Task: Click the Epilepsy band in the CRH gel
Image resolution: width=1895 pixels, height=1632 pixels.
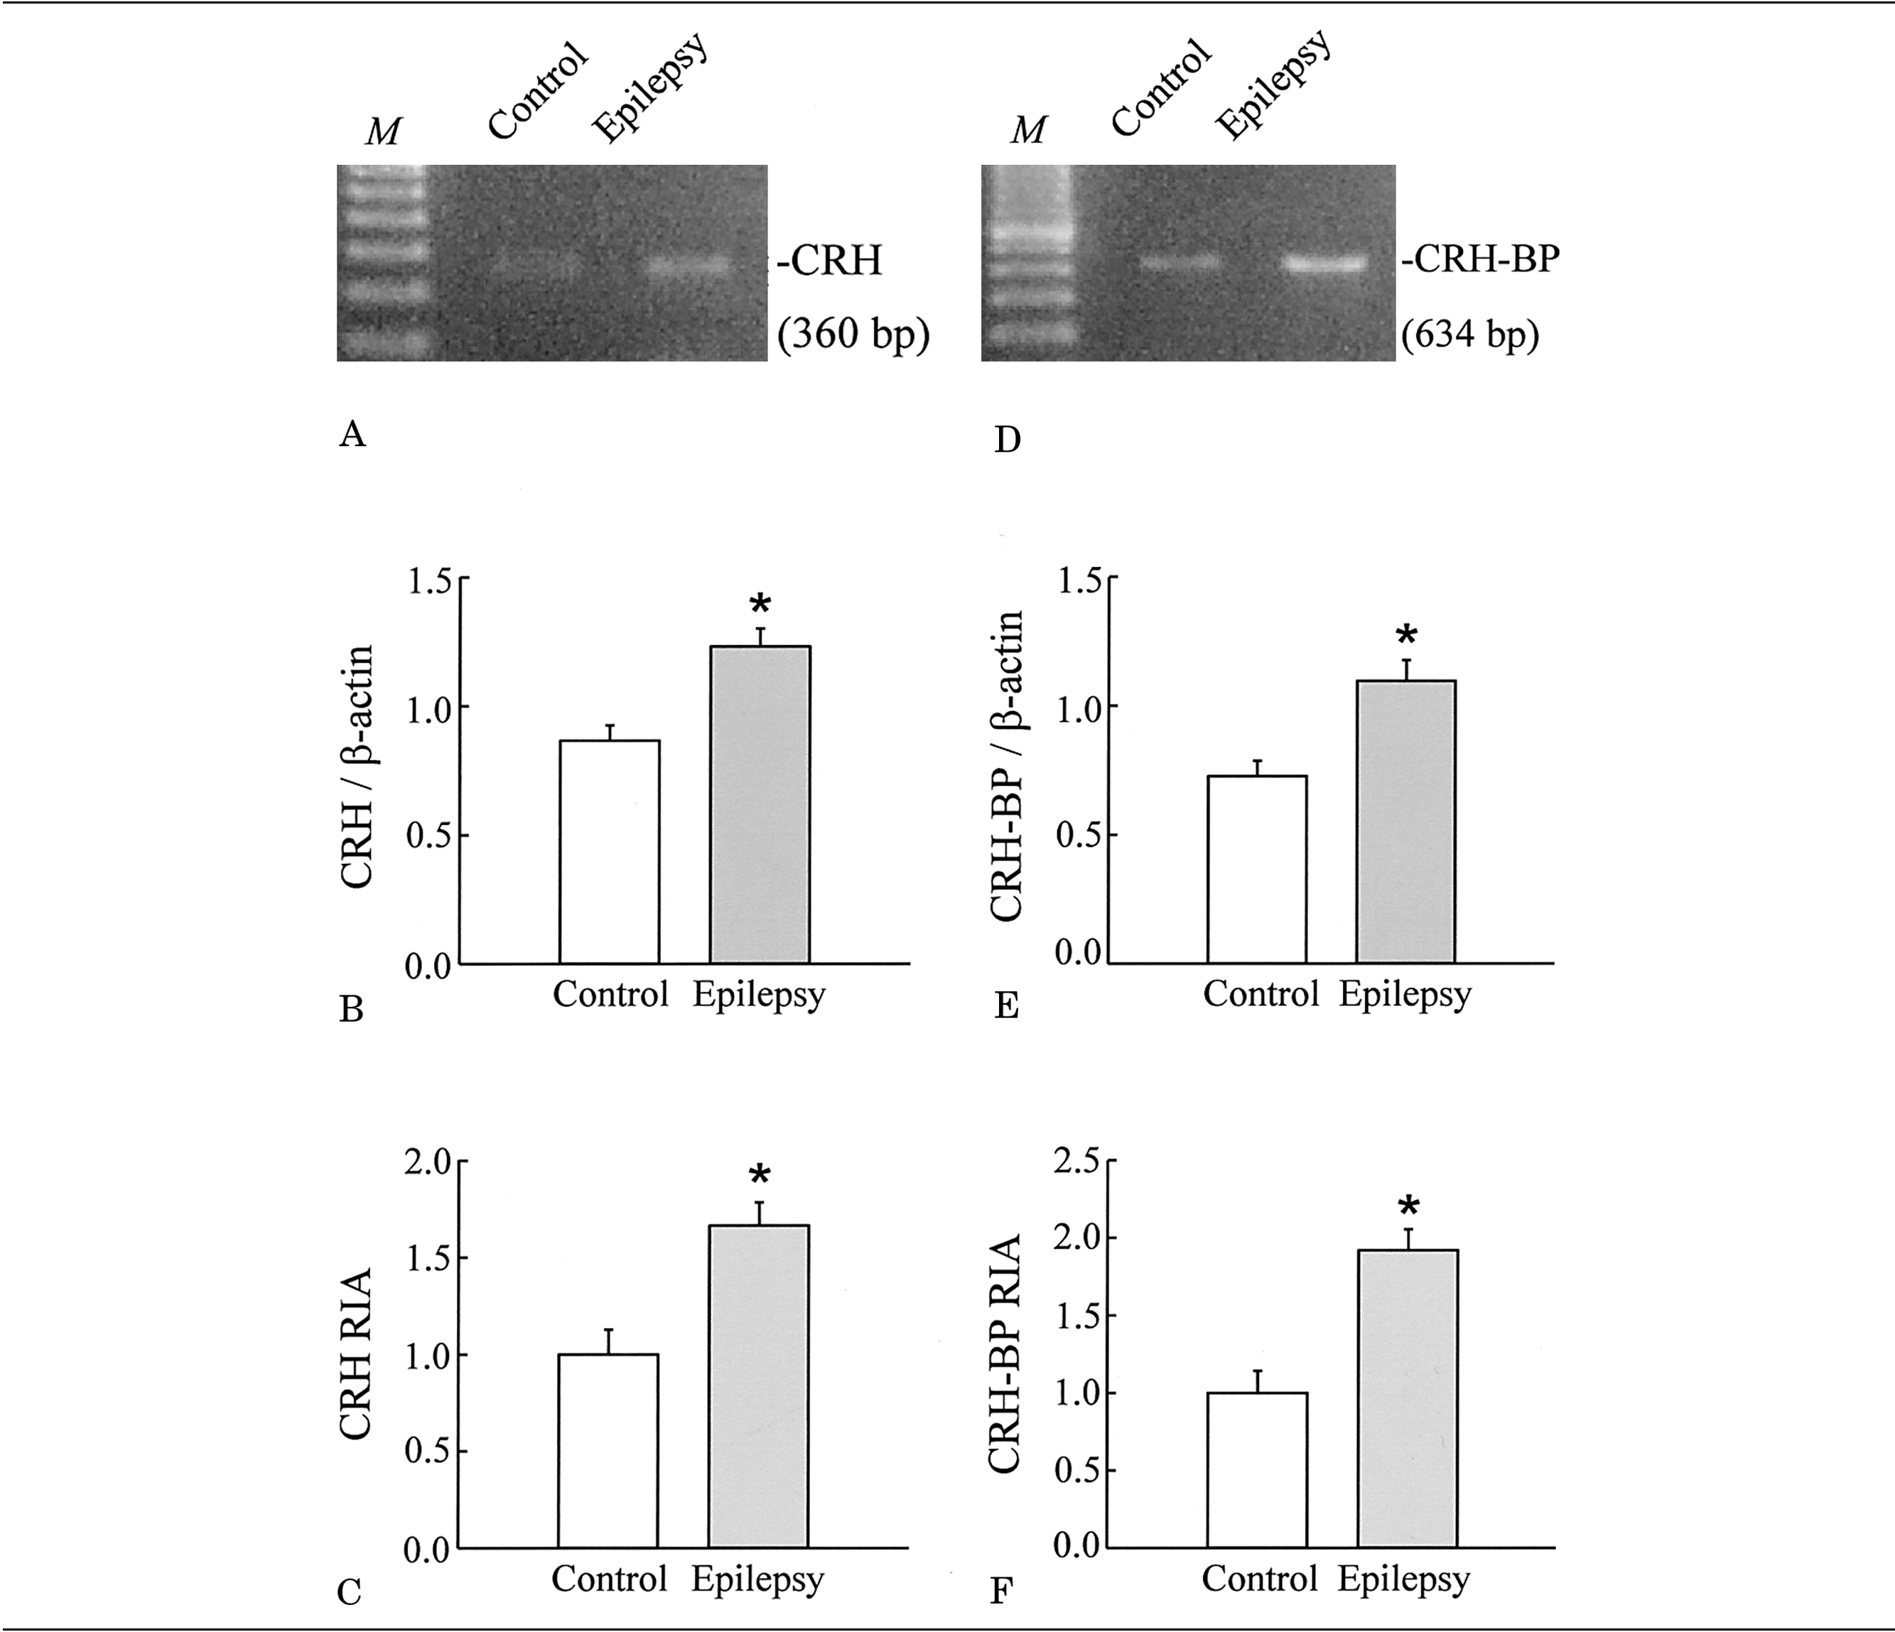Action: pos(691,266)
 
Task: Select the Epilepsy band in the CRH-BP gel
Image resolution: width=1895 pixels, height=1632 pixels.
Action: pos(1325,264)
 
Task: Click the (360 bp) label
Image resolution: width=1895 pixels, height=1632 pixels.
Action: pos(853,335)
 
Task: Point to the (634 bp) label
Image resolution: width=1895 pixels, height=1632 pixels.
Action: pos(1469,335)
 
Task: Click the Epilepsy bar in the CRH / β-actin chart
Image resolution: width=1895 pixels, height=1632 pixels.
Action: pos(760,804)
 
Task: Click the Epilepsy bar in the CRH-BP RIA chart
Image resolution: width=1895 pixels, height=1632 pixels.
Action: pos(1408,1398)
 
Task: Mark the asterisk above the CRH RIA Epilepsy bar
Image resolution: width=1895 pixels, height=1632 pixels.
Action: pos(759,1177)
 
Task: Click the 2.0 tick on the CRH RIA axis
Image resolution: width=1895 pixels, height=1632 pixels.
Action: pos(429,1162)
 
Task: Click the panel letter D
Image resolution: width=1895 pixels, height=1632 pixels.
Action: pos(1007,441)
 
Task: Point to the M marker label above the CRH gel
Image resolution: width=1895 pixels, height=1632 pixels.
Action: pos(383,131)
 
